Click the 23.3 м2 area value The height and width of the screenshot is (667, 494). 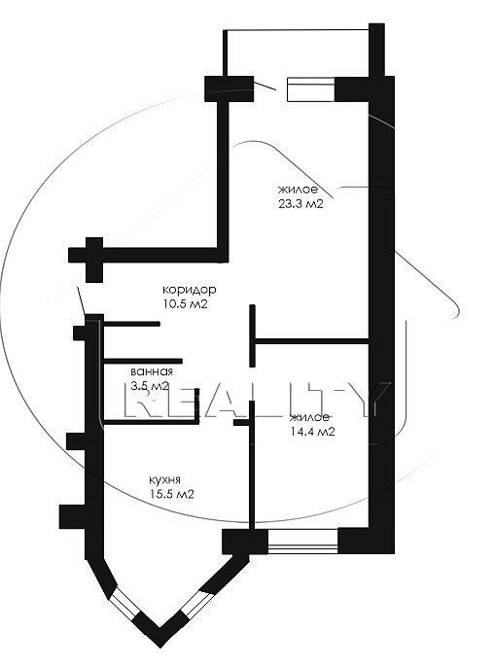point(300,204)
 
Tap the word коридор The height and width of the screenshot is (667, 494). point(190,290)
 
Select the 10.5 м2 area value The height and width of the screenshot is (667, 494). point(184,304)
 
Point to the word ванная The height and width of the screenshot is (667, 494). point(152,371)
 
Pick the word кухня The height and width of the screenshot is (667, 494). point(164,480)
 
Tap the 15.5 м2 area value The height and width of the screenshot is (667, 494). point(171,494)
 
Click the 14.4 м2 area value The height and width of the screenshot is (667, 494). point(312,432)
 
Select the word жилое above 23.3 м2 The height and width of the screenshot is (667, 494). point(298,190)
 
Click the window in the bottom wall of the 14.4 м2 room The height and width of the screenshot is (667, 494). point(303,541)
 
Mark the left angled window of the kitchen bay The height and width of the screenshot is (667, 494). point(124,604)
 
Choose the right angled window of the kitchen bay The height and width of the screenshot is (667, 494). point(196,602)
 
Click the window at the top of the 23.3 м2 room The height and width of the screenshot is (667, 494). point(311,89)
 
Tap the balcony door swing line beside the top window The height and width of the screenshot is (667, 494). point(265,86)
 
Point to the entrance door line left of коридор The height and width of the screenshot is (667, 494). point(82,301)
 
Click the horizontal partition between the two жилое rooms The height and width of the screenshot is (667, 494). point(311,341)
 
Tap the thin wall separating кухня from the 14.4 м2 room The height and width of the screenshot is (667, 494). point(252,466)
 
